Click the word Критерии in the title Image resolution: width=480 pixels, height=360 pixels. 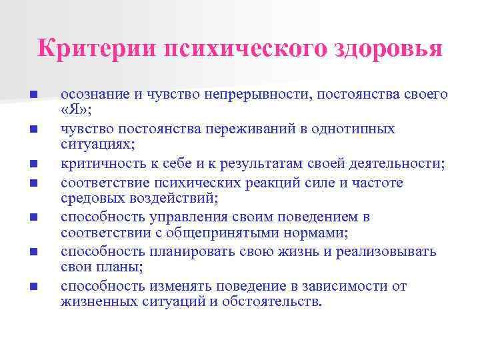tap(96, 49)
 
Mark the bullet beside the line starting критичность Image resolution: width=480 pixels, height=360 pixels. tap(33, 164)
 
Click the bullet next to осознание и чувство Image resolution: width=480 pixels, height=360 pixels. tap(33, 94)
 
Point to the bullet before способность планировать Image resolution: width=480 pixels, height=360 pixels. tap(33, 252)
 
